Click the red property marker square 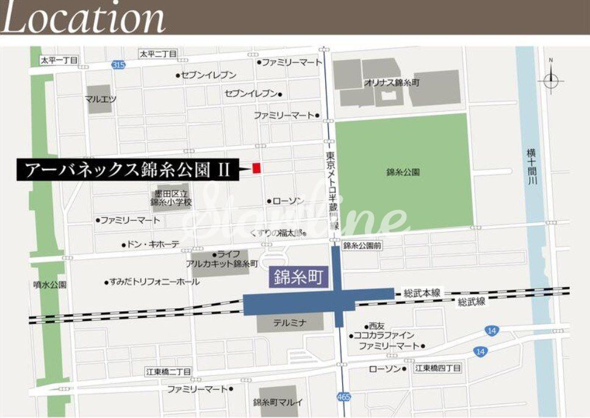click(257, 167)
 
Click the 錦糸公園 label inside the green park click(403, 172)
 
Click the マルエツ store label click(101, 98)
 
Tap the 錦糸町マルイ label click(278, 402)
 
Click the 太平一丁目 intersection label click(59, 60)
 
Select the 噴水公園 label click(50, 284)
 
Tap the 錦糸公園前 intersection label click(362, 245)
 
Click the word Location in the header click(84, 18)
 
